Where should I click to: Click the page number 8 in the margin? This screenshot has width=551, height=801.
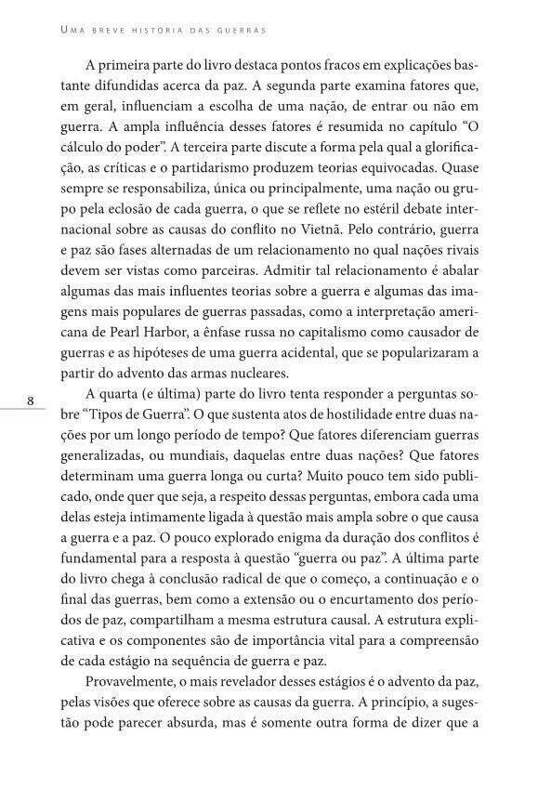(x=31, y=402)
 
